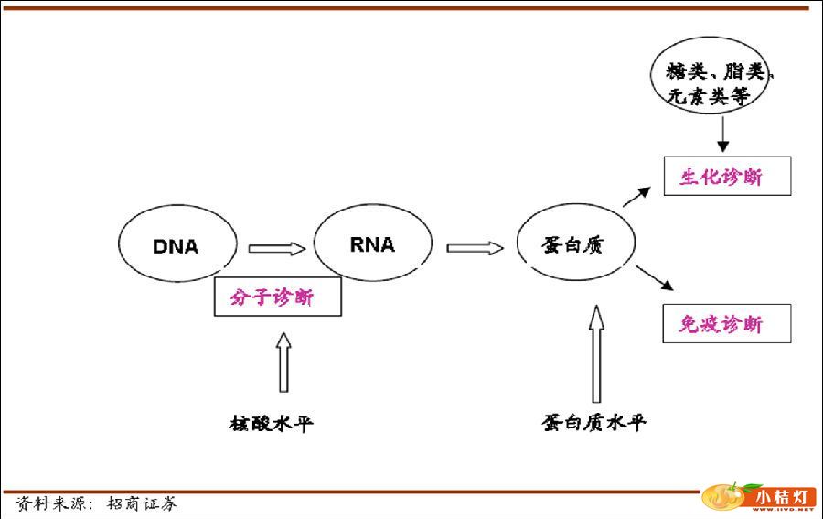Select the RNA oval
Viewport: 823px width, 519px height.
pyautogui.click(x=372, y=243)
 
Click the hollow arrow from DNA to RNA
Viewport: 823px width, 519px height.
pyautogui.click(x=276, y=248)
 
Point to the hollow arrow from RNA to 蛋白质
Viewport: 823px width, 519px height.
pyautogui.click(x=475, y=247)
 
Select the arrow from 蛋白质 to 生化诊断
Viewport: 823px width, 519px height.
pyautogui.click(x=637, y=195)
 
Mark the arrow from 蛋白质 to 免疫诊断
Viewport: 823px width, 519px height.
pyautogui.click(x=651, y=278)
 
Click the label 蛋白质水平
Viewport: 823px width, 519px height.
pyautogui.click(x=593, y=423)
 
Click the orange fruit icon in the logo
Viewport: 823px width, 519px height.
pyautogui.click(x=722, y=498)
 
